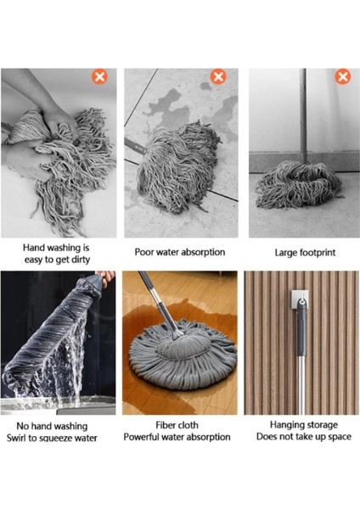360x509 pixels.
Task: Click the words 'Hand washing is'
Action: point(57,247)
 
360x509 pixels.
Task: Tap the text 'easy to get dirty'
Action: point(57,260)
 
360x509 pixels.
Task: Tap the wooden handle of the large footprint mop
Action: point(301,110)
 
